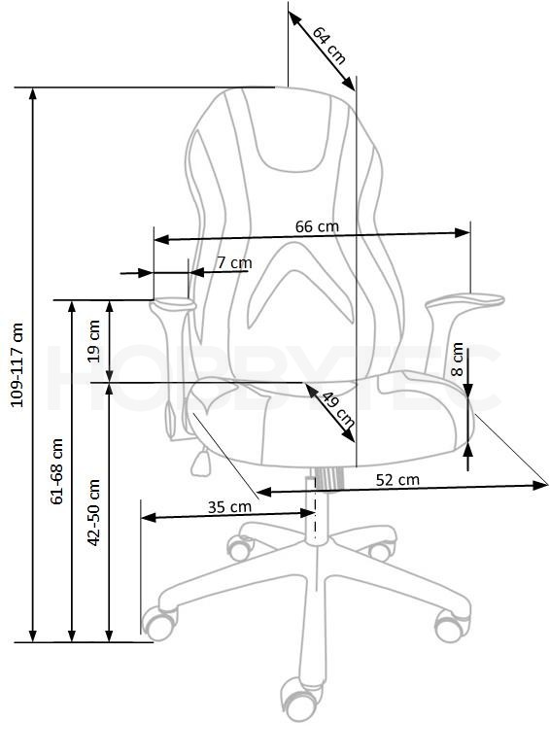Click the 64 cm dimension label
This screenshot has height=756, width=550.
[329, 45]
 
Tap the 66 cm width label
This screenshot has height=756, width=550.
[317, 226]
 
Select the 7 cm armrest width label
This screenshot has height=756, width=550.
[234, 262]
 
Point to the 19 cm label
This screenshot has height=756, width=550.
[94, 341]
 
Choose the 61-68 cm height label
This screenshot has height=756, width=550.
[57, 471]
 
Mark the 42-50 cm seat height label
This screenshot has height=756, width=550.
[94, 512]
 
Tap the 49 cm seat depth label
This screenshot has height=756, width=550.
[338, 409]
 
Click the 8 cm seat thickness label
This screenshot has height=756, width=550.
[457, 359]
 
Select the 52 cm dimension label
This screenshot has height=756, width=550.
[397, 480]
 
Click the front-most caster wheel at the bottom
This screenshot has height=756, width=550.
[299, 700]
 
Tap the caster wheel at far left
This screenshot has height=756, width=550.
[159, 623]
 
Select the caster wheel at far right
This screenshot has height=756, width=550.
[452, 626]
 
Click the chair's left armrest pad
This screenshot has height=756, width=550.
[173, 304]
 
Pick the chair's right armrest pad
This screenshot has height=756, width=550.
[464, 300]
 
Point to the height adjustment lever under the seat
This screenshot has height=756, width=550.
[201, 462]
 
